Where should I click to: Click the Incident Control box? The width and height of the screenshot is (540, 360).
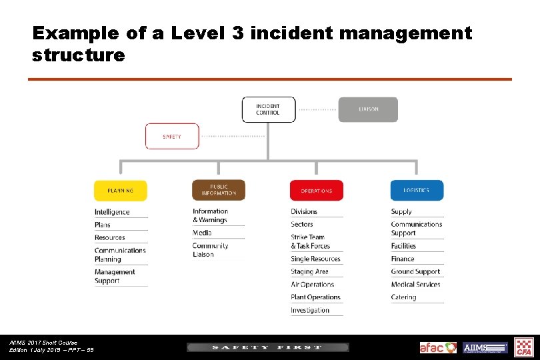(x=268, y=109)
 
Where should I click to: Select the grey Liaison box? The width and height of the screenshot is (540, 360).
(x=368, y=109)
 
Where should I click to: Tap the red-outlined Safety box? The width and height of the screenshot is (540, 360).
(x=172, y=136)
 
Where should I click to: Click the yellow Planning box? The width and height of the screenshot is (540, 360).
(x=120, y=191)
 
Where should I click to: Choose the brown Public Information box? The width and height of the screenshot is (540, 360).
(x=219, y=191)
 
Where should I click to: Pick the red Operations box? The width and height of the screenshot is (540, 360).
(x=316, y=191)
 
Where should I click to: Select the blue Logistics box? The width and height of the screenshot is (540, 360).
(x=417, y=191)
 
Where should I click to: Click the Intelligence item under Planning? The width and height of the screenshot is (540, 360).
(x=112, y=212)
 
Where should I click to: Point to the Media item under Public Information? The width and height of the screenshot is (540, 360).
(x=202, y=233)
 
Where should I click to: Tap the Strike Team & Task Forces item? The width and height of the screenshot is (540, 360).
(x=311, y=241)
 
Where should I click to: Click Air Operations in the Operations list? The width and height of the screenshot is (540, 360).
(x=313, y=285)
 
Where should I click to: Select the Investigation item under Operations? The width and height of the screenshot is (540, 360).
(x=310, y=310)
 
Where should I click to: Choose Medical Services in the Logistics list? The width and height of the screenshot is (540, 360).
(x=415, y=285)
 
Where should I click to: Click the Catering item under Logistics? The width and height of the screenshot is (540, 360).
(x=403, y=297)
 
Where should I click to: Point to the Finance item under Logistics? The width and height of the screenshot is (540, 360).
(x=403, y=259)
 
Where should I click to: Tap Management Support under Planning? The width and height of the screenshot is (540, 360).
(x=115, y=276)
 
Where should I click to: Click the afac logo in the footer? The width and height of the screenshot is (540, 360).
(x=438, y=347)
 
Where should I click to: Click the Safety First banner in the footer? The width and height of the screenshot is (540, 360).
(x=267, y=347)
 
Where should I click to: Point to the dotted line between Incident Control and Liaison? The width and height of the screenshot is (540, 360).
(x=318, y=109)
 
